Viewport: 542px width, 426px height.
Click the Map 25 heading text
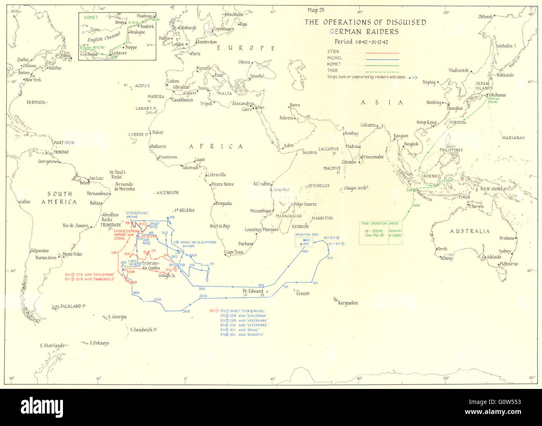click(x=316, y=10)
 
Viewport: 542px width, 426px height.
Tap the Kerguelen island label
click(x=345, y=303)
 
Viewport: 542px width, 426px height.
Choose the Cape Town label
click(x=234, y=252)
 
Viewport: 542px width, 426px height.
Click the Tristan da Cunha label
click(x=151, y=265)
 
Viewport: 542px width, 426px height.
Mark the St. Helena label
click(x=184, y=210)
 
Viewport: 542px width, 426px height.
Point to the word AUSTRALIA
click(x=469, y=231)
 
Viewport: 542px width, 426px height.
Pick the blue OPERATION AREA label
click(x=306, y=234)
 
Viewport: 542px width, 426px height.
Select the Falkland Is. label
click(x=73, y=306)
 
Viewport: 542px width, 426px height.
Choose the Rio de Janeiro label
click(x=75, y=226)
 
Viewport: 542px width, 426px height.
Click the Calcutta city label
click(x=368, y=125)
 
